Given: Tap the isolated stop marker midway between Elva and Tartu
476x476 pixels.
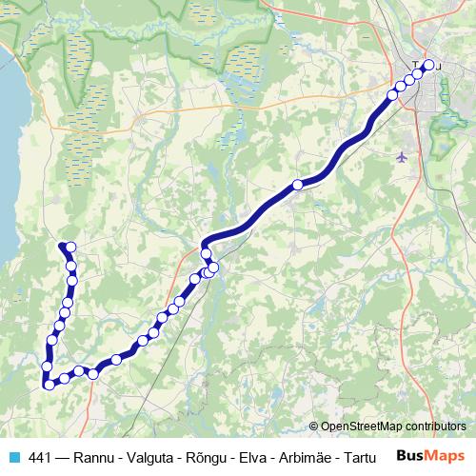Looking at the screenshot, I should point(298,185).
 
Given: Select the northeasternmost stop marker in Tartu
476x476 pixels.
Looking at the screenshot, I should point(428,65).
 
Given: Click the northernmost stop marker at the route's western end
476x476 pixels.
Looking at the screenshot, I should point(70,248).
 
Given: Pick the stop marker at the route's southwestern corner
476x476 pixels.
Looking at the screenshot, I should point(48,384).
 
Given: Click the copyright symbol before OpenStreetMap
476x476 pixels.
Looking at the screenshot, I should point(313,427).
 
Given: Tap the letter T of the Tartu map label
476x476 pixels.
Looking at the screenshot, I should point(416,67).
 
